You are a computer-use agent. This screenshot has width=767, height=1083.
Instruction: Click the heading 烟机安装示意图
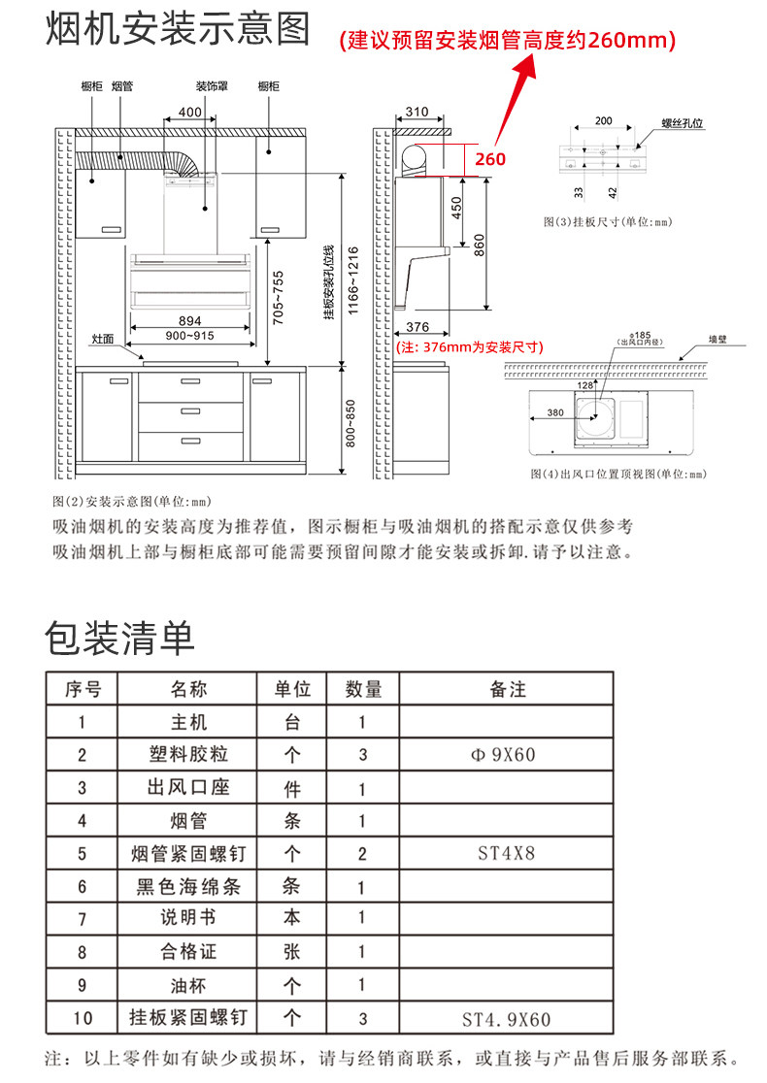point(179,30)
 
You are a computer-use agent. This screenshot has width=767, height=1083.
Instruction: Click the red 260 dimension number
point(489,158)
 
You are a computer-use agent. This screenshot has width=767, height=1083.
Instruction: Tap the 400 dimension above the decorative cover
point(190,113)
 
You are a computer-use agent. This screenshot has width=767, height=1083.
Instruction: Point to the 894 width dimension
point(190,321)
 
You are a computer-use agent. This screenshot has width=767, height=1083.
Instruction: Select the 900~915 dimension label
point(189,336)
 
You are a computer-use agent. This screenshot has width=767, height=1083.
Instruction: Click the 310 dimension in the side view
point(417,113)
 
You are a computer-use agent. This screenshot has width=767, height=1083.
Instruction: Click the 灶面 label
point(103,339)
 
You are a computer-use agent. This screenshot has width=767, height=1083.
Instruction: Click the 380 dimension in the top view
point(554,412)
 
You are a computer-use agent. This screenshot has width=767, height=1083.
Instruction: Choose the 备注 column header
point(508,689)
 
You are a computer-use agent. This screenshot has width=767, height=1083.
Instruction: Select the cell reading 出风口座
point(188,787)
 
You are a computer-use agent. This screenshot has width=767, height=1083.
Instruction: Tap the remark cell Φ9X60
point(508,754)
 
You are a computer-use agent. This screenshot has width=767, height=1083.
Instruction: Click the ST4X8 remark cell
point(508,854)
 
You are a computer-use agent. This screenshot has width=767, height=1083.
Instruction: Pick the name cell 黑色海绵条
point(188,886)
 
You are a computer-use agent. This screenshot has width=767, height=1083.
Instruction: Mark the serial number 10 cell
point(83,1018)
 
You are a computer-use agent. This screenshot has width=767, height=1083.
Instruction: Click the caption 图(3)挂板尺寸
point(608,222)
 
